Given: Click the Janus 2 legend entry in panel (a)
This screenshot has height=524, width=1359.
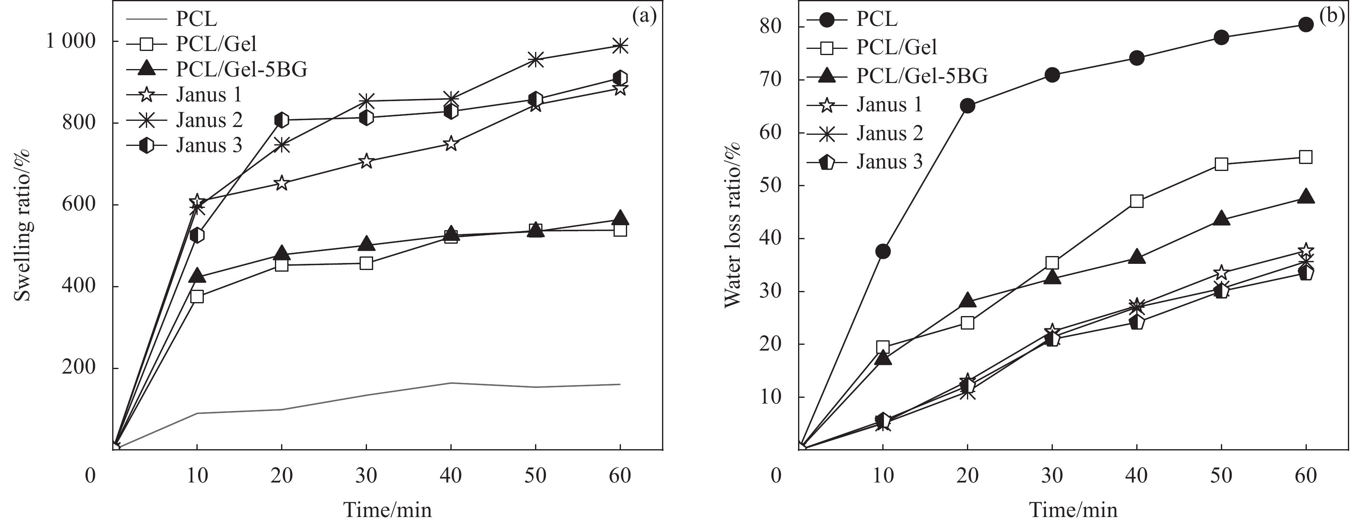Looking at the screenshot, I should click(x=208, y=120).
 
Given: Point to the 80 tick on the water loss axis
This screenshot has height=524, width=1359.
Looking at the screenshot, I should click(x=771, y=26).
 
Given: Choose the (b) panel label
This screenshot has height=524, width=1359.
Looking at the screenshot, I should click(x=1331, y=16).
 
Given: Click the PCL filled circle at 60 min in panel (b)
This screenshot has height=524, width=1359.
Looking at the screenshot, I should click(x=1305, y=24).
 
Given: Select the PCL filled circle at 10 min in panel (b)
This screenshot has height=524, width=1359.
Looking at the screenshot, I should click(x=883, y=251).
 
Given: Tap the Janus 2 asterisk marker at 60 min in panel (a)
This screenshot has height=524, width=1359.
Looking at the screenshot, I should click(x=620, y=46).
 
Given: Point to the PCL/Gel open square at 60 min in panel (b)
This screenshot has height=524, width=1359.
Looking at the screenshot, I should click(x=1305, y=157).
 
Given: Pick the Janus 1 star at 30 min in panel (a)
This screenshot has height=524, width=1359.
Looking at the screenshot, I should click(x=366, y=162).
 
